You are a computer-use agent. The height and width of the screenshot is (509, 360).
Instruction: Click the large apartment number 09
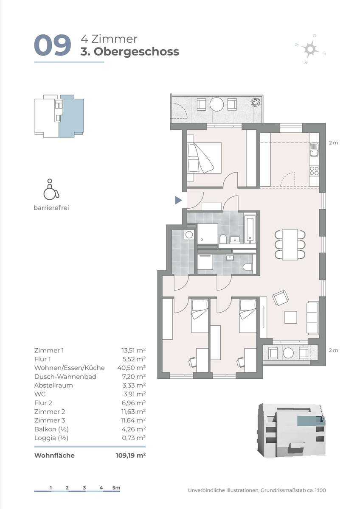(x=53, y=45)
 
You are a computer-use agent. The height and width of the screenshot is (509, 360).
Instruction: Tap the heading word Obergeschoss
(x=136, y=52)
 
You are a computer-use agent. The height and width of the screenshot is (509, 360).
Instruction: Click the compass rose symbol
(x=309, y=49)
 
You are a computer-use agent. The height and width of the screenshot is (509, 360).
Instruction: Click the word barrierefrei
(x=51, y=208)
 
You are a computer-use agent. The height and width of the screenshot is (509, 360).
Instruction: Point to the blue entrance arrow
(x=179, y=200)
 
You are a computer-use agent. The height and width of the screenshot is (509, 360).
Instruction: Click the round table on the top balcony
(x=217, y=104)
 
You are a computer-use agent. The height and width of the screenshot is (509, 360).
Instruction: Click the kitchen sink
(x=314, y=149)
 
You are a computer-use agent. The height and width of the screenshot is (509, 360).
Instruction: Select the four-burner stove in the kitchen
(x=314, y=171)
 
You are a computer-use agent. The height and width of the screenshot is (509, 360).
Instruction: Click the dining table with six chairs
(x=290, y=244)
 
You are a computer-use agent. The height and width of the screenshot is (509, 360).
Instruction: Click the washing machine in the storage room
(x=189, y=234)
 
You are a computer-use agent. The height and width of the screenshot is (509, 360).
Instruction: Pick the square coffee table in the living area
(x=291, y=317)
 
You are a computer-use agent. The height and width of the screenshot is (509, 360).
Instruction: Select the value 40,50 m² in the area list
(x=132, y=368)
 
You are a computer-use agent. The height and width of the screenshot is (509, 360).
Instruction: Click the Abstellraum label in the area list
(x=53, y=386)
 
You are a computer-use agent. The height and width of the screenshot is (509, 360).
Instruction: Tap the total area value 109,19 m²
(x=130, y=456)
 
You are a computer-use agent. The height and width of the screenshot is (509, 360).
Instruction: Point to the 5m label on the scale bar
(x=116, y=488)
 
